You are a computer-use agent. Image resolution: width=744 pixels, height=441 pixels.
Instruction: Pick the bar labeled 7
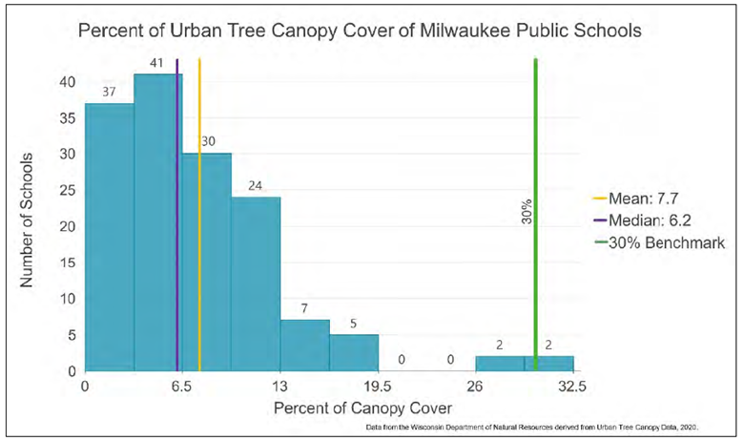(x=304, y=345)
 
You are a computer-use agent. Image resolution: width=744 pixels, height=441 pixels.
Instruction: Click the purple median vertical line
(x=177, y=239)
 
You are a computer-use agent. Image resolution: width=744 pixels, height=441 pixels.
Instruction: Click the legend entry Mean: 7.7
(x=634, y=199)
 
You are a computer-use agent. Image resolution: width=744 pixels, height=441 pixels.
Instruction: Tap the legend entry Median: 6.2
(x=638, y=221)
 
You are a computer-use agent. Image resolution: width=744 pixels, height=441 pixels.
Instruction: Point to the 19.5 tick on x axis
(x=377, y=388)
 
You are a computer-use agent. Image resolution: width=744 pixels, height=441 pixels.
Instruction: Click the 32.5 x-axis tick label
(x=571, y=388)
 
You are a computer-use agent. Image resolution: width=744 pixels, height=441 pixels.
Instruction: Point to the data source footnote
(x=540, y=427)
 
